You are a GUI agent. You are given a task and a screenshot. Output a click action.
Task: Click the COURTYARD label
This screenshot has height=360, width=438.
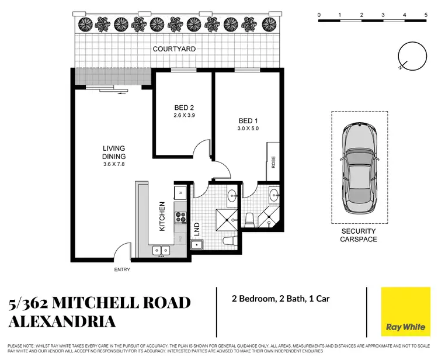tap(174, 49)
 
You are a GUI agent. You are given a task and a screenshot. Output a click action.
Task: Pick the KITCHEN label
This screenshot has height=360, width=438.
tap(162, 216)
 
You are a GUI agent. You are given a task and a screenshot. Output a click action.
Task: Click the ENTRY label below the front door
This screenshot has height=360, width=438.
tap(123, 269)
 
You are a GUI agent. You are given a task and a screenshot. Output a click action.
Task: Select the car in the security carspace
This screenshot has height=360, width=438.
tap(359, 167)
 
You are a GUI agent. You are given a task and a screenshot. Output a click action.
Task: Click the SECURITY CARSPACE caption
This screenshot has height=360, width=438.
tap(359, 236)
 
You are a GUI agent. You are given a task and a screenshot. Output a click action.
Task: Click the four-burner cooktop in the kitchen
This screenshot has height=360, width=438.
tap(180, 218)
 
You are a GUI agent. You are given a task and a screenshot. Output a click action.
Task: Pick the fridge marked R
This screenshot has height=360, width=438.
tap(180, 192)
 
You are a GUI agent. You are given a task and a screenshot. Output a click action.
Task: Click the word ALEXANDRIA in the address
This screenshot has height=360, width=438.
tap(62, 321)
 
